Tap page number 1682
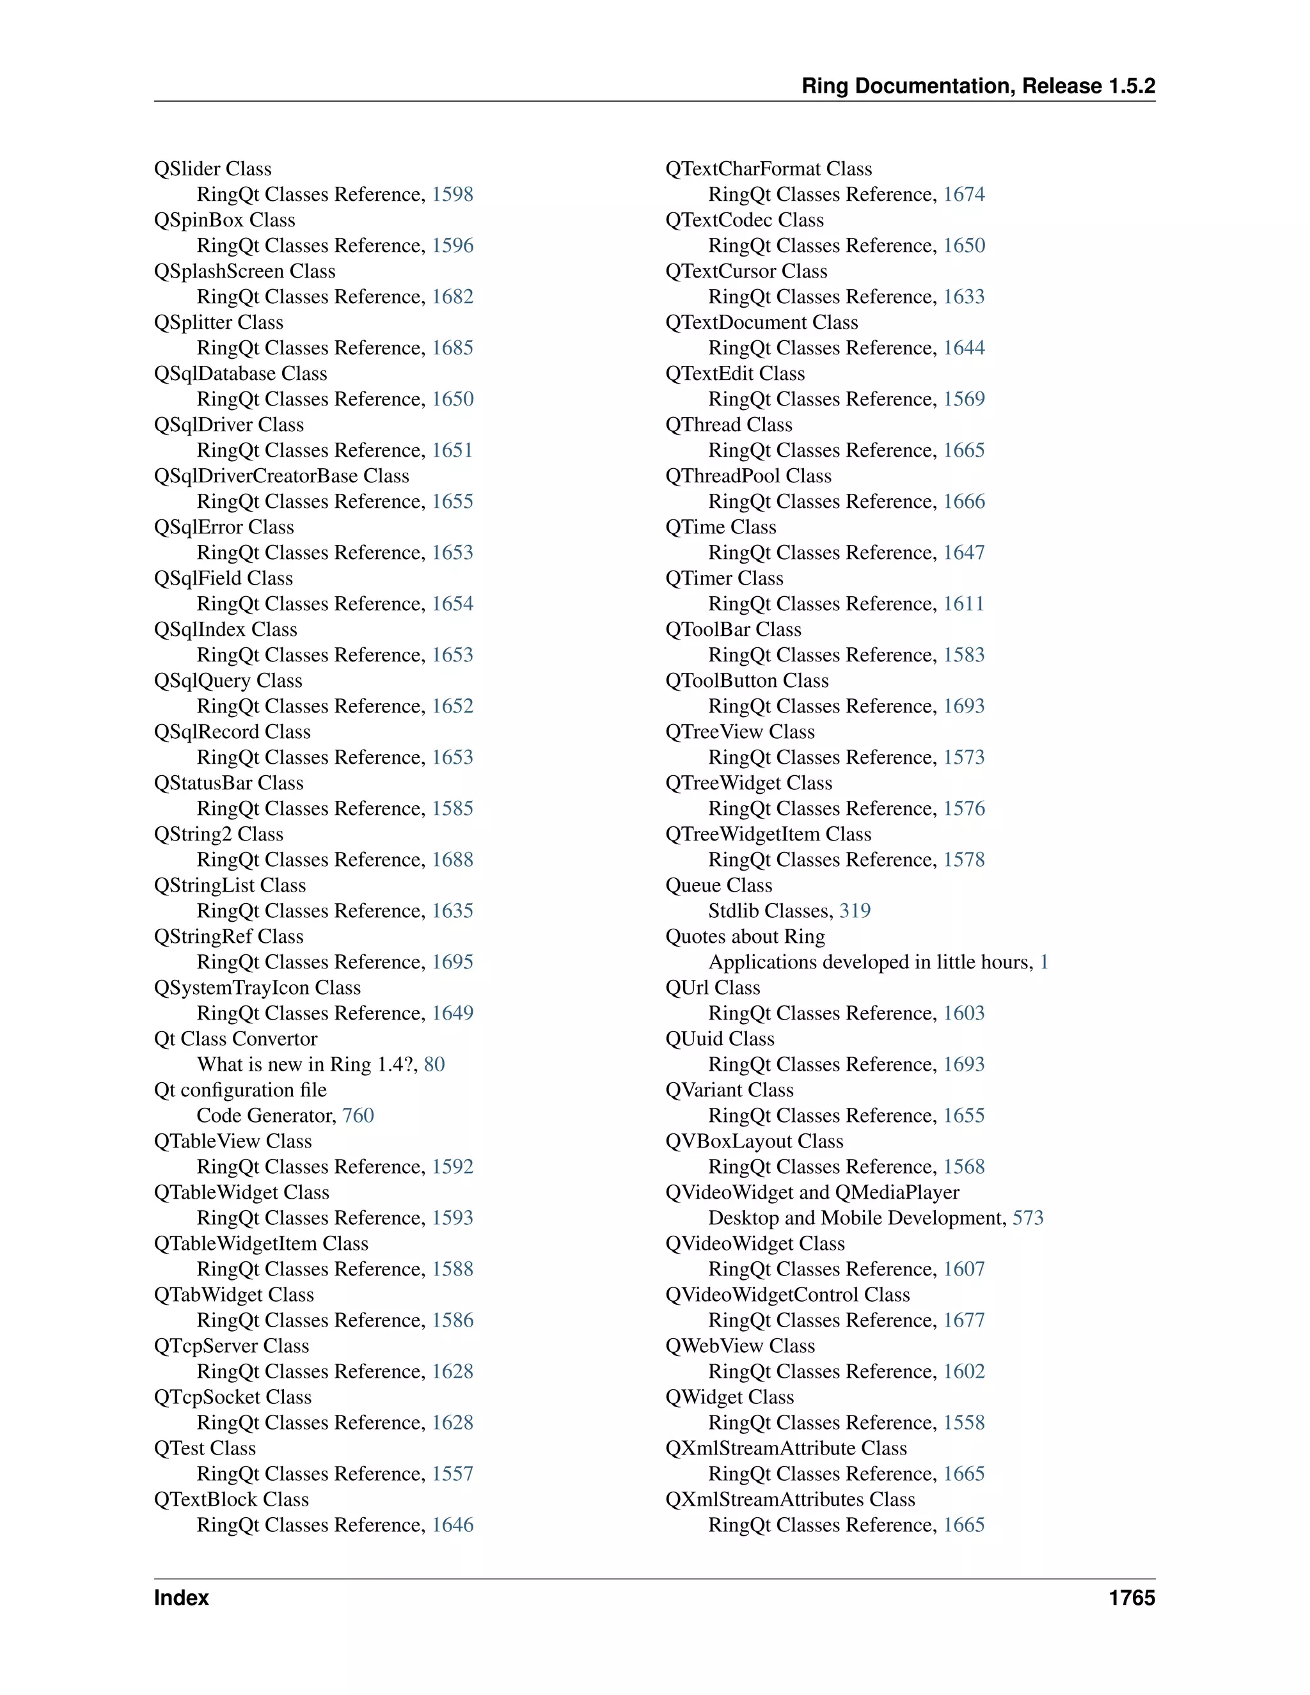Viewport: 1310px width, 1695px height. pos(452,297)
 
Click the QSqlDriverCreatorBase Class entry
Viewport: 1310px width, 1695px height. pos(281,476)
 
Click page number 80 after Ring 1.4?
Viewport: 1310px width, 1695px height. pos(434,1064)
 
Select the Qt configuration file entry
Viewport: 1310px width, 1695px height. pos(240,1090)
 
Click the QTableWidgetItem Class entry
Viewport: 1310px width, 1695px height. pos(261,1243)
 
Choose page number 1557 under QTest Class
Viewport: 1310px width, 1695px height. pos(452,1474)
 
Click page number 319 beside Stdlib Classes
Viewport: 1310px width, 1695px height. pos(855,911)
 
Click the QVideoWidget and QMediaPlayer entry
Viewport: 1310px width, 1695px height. pos(812,1192)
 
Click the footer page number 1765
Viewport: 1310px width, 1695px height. pos(1132,1598)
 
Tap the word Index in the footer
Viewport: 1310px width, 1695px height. pos(182,1598)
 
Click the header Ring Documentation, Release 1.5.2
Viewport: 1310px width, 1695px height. pos(978,86)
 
